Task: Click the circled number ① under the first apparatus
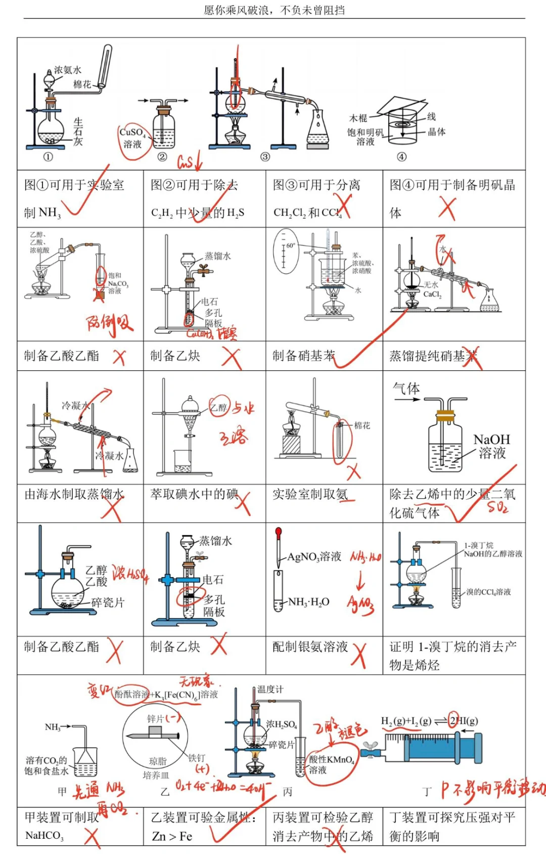click(48, 157)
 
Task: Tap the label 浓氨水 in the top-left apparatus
click(68, 70)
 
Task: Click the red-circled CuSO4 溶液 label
click(132, 138)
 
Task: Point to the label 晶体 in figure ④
click(436, 132)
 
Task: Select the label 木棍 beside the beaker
click(358, 118)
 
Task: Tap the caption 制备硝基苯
click(303, 356)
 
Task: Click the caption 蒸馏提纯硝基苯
click(433, 356)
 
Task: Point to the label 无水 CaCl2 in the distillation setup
click(432, 290)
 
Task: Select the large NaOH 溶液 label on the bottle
click(492, 446)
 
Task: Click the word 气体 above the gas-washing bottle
click(406, 389)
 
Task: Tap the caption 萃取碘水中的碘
click(194, 494)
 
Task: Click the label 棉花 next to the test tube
click(362, 425)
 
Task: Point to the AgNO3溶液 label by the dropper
click(314, 557)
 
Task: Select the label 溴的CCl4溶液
click(488, 592)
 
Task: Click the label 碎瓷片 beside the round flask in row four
click(108, 602)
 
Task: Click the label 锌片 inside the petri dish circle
click(155, 719)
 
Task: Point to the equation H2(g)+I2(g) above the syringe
click(406, 721)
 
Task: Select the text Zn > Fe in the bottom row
click(172, 836)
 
